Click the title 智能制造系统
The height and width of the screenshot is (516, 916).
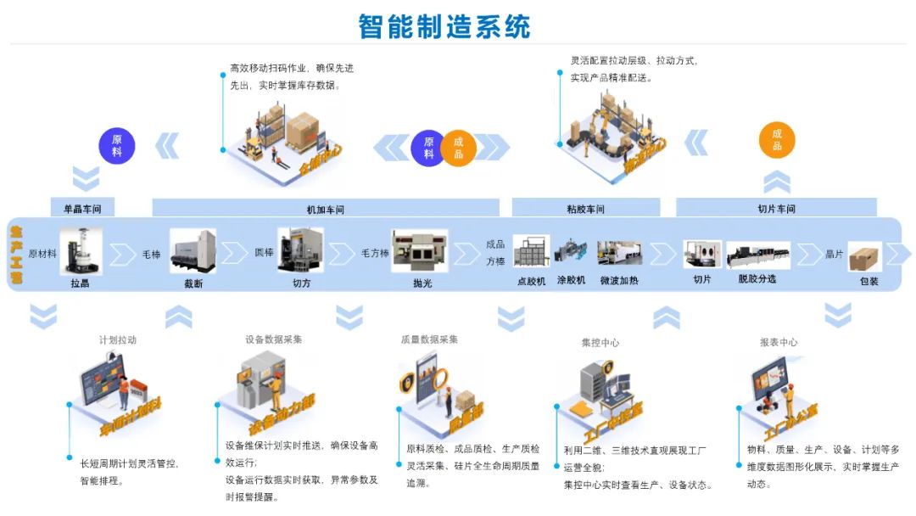(x=444, y=25)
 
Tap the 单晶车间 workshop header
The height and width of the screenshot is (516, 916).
(x=82, y=208)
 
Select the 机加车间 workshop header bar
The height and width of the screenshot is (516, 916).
(x=326, y=208)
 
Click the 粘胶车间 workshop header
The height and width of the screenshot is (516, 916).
(x=586, y=208)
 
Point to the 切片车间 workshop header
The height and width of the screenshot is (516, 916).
(x=776, y=208)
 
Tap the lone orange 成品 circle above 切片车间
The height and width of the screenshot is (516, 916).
(x=777, y=140)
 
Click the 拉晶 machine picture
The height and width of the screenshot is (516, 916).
(x=81, y=251)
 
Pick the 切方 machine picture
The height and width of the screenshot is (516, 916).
(x=301, y=250)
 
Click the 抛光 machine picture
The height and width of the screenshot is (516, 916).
(x=419, y=251)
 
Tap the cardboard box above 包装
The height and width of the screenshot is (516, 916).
(x=865, y=257)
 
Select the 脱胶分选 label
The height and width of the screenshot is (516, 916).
(x=757, y=279)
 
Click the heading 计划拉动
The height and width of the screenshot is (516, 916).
(x=117, y=339)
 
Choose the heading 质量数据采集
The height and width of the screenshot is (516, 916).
(x=429, y=339)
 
